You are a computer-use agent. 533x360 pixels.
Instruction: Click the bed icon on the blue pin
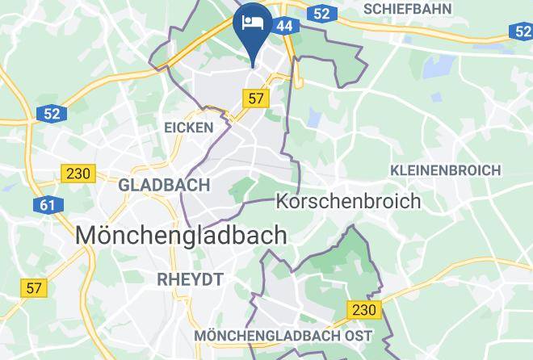(253, 21)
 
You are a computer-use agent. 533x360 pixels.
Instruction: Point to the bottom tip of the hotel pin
(253, 65)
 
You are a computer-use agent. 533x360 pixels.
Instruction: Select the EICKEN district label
(189, 128)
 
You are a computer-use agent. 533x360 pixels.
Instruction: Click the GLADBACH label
(164, 185)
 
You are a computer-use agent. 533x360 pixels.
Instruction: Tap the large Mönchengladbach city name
(181, 235)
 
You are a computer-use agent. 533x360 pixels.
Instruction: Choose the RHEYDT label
(191, 278)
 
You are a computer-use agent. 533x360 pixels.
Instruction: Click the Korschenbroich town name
(348, 200)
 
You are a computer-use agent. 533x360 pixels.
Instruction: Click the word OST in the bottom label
(356, 335)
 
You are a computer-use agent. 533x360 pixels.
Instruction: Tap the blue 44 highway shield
(284, 26)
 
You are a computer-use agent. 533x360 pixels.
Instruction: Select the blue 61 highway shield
(48, 205)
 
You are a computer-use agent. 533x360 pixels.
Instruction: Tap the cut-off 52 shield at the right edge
(523, 31)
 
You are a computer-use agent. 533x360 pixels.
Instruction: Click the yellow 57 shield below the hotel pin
(256, 98)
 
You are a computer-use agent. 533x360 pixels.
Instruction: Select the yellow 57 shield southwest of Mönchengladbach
(34, 287)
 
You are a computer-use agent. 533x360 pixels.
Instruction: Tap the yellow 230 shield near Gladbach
(78, 173)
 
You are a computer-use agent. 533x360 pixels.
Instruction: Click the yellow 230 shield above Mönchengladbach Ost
(364, 309)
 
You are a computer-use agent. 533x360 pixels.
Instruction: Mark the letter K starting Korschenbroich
(283, 200)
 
